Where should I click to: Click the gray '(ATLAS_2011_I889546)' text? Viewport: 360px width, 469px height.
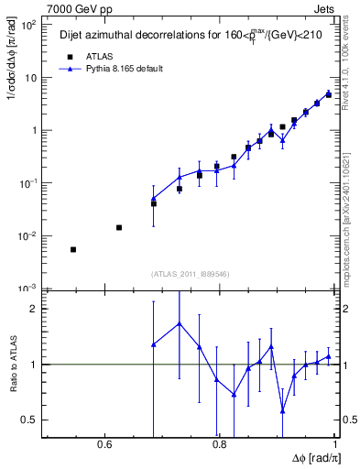click(x=190, y=273)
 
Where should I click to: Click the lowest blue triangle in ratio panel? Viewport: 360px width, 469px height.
click(x=283, y=410)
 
